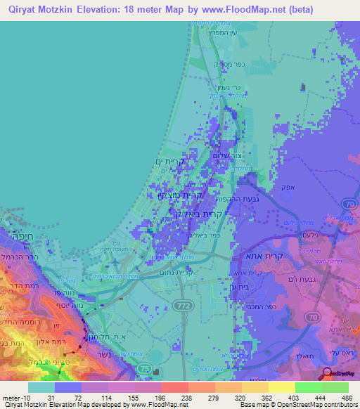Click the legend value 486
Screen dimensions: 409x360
[x=347, y=397]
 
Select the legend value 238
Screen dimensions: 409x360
[x=187, y=397]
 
